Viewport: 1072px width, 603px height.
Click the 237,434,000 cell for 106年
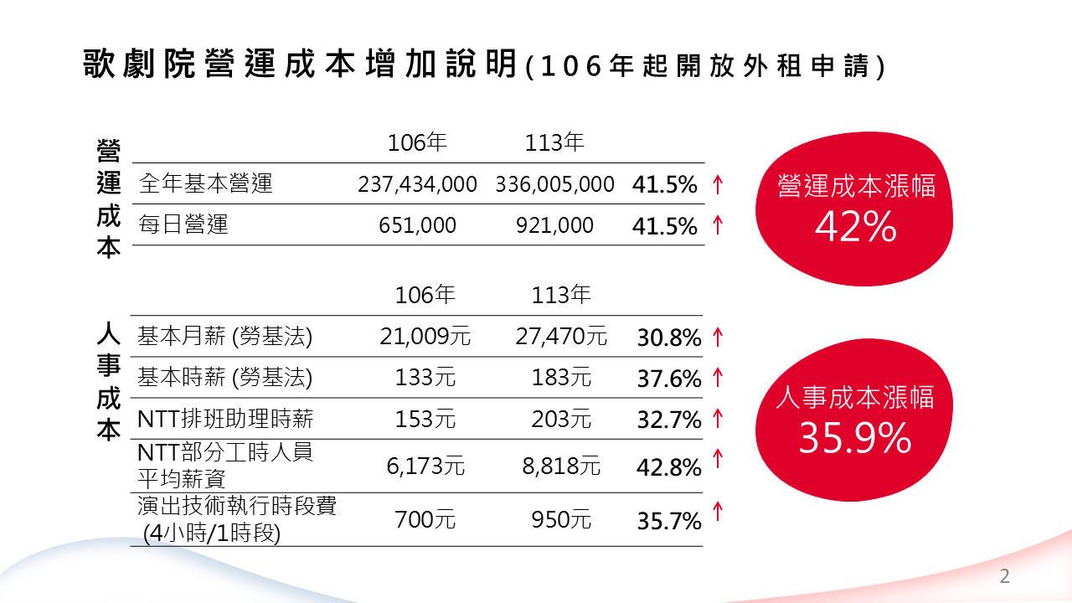point(417,184)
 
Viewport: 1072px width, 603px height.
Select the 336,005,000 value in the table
point(554,184)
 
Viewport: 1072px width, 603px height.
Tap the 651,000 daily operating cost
point(417,225)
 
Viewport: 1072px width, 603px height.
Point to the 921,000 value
point(554,225)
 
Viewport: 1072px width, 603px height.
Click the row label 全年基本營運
point(205,183)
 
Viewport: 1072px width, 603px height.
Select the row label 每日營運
point(183,224)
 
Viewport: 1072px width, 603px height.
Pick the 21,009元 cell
point(425,337)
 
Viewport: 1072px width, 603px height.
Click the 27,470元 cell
point(561,337)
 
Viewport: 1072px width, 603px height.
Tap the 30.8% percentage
point(668,338)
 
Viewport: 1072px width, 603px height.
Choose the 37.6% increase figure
point(668,379)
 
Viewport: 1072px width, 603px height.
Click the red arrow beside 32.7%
point(717,417)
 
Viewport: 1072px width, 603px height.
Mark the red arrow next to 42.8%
point(717,458)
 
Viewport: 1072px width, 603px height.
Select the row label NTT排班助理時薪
point(225,419)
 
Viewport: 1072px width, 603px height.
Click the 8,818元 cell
point(561,466)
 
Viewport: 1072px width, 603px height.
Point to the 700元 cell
point(425,520)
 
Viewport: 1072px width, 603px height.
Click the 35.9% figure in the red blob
point(854,437)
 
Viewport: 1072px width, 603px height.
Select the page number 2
point(1005,576)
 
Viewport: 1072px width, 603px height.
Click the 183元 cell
point(561,378)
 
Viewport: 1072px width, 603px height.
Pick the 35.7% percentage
point(668,522)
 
